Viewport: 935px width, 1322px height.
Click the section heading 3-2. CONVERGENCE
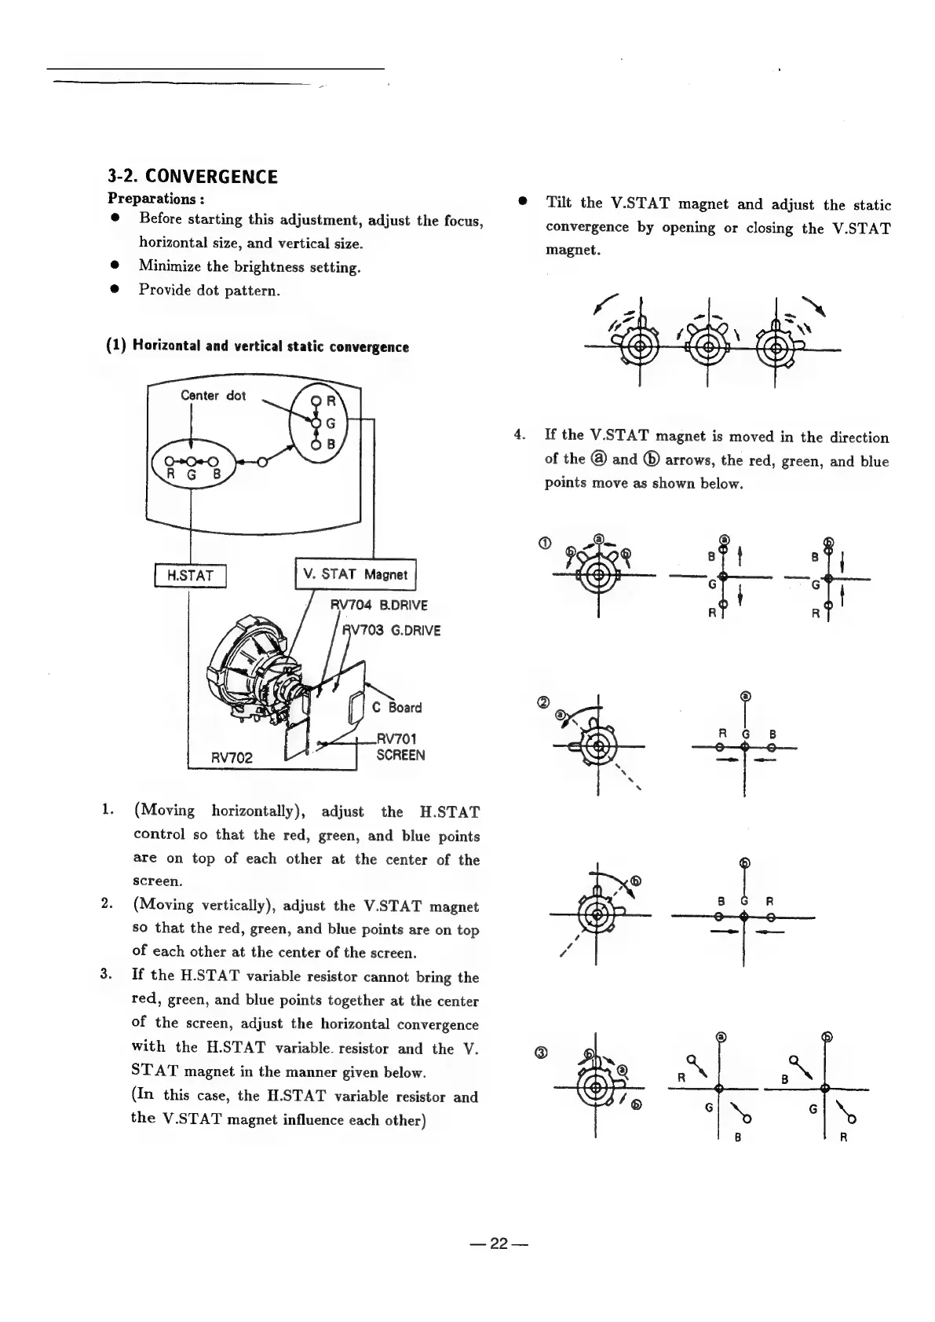point(192,176)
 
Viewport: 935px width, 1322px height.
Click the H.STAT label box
point(192,576)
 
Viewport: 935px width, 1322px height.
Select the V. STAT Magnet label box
point(355,574)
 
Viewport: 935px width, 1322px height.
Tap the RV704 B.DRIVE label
point(378,605)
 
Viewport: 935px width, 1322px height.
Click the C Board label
point(396,707)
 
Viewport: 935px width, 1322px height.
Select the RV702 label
point(232,757)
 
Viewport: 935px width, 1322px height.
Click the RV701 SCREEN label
point(400,747)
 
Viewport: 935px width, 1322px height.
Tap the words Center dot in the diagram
point(213,395)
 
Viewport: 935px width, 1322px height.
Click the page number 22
point(499,1243)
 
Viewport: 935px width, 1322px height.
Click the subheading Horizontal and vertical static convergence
point(257,346)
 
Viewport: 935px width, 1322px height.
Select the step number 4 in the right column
point(518,435)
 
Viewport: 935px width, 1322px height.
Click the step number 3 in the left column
point(106,976)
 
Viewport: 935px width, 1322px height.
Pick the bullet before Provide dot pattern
point(115,289)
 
